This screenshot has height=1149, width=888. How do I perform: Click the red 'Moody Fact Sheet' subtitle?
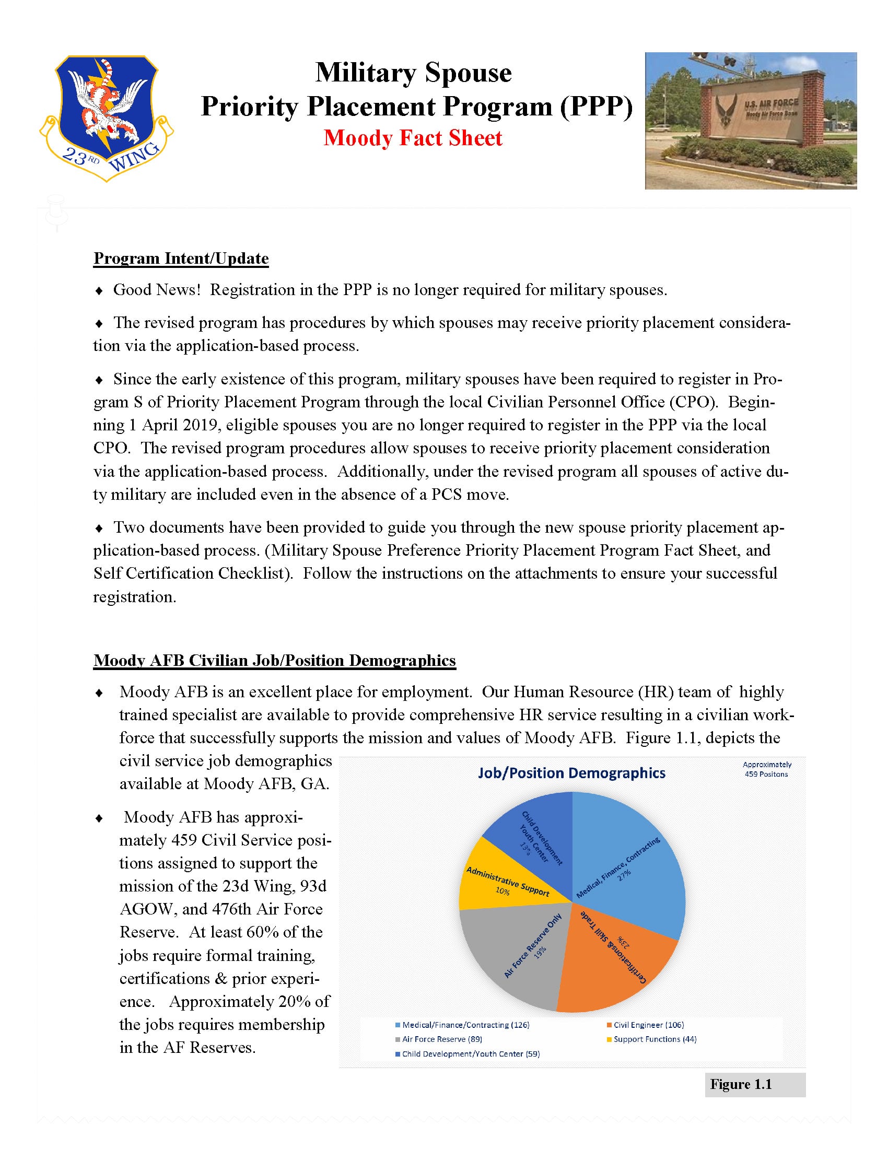pyautogui.click(x=413, y=138)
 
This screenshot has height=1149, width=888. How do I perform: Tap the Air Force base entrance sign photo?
pyautogui.click(x=751, y=121)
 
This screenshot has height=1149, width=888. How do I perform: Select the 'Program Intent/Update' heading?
pyautogui.click(x=181, y=259)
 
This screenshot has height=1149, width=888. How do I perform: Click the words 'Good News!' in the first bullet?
pyautogui.click(x=157, y=290)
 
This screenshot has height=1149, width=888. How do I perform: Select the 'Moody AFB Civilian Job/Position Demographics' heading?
pyautogui.click(x=275, y=660)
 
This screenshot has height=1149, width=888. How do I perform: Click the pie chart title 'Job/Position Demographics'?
pyautogui.click(x=571, y=773)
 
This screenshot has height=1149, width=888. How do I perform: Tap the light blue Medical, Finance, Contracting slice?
pyautogui.click(x=632, y=863)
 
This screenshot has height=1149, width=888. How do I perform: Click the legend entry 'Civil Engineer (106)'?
pyautogui.click(x=649, y=1025)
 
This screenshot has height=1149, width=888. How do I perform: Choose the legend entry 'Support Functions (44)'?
pyautogui.click(x=655, y=1039)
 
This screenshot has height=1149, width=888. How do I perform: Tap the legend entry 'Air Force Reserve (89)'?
pyautogui.click(x=442, y=1039)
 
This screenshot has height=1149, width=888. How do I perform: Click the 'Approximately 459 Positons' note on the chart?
pyautogui.click(x=766, y=769)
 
